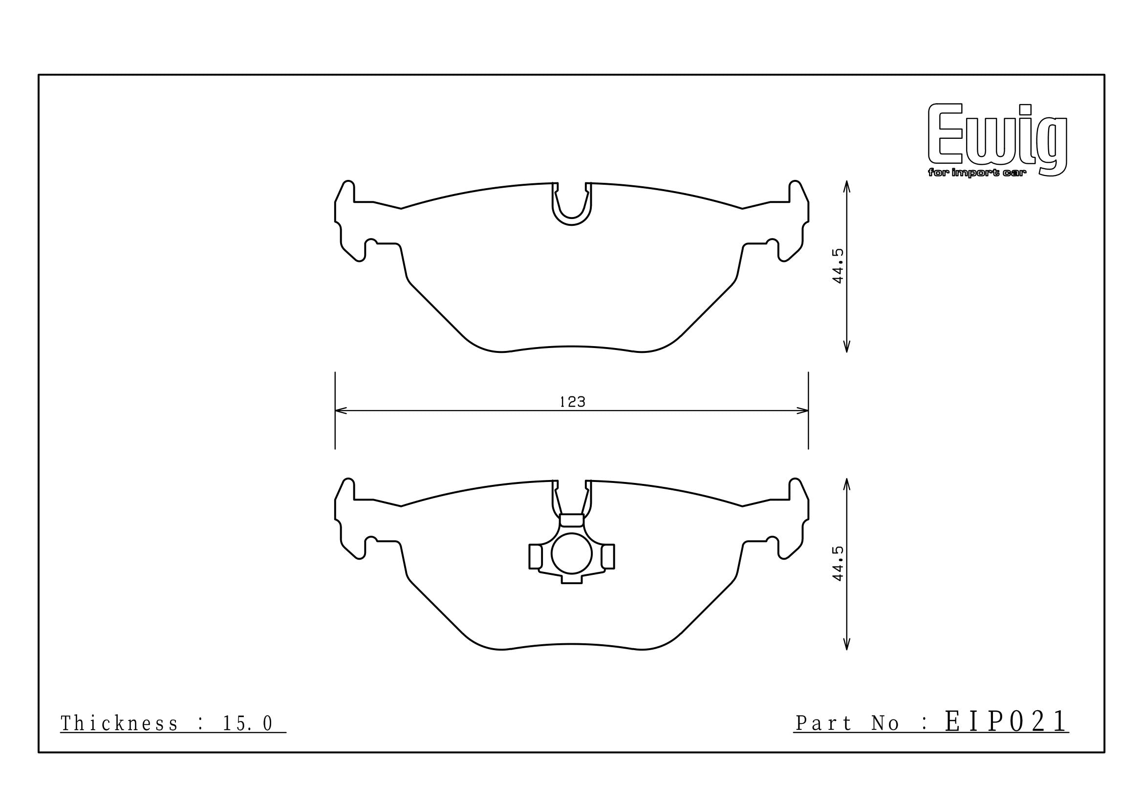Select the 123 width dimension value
click(573, 402)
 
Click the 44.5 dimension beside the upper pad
click(838, 266)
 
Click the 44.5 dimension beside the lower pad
click(838, 563)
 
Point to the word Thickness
click(119, 724)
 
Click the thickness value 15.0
click(247, 724)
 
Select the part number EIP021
click(1006, 721)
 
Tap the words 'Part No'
click(847, 723)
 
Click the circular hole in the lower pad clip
click(572, 553)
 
